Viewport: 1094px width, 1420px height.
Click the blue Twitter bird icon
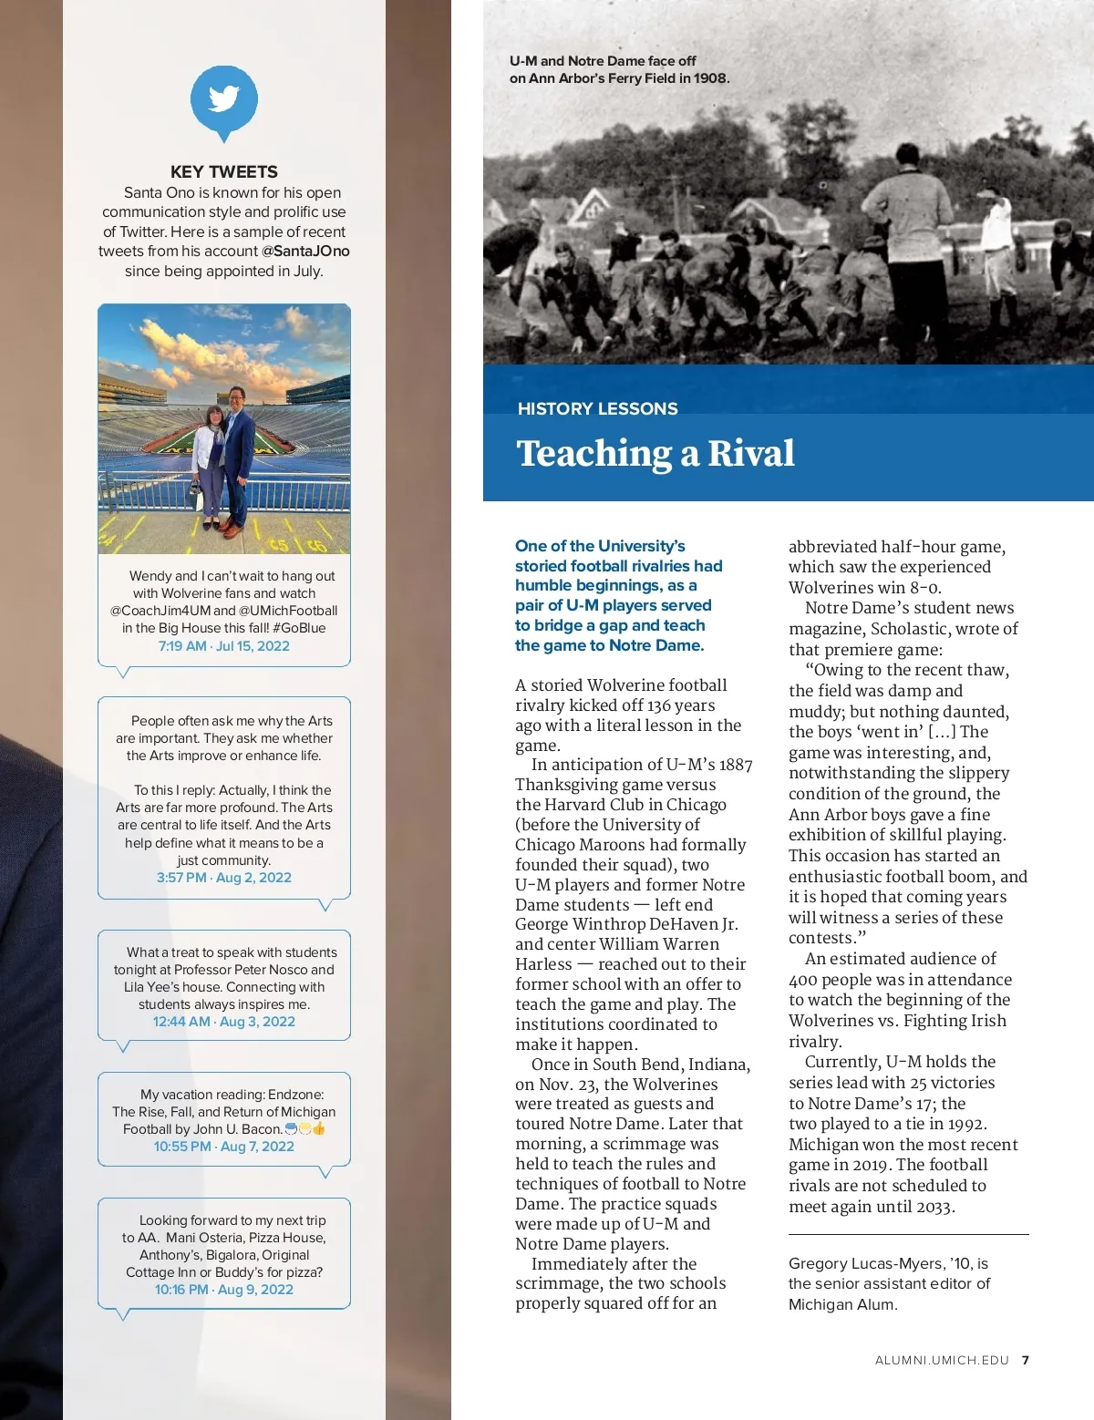[223, 99]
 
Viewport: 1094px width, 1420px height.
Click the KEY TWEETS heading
[223, 171]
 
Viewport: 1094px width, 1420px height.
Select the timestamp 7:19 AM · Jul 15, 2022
[223, 646]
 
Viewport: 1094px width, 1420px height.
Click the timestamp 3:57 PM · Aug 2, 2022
[223, 878]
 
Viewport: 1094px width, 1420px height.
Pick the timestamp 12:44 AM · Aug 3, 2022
[223, 1022]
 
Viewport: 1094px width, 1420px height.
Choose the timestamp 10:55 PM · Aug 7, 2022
[223, 1147]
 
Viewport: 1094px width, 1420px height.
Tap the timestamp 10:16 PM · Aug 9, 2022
[223, 1290]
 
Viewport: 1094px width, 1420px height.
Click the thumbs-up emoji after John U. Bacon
[319, 1128]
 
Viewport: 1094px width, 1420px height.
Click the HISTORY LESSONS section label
[597, 408]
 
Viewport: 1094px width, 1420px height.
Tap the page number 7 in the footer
[1026, 1361]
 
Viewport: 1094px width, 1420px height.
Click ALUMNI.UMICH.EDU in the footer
[942, 1361]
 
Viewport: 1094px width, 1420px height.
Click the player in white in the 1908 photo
[996, 237]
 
